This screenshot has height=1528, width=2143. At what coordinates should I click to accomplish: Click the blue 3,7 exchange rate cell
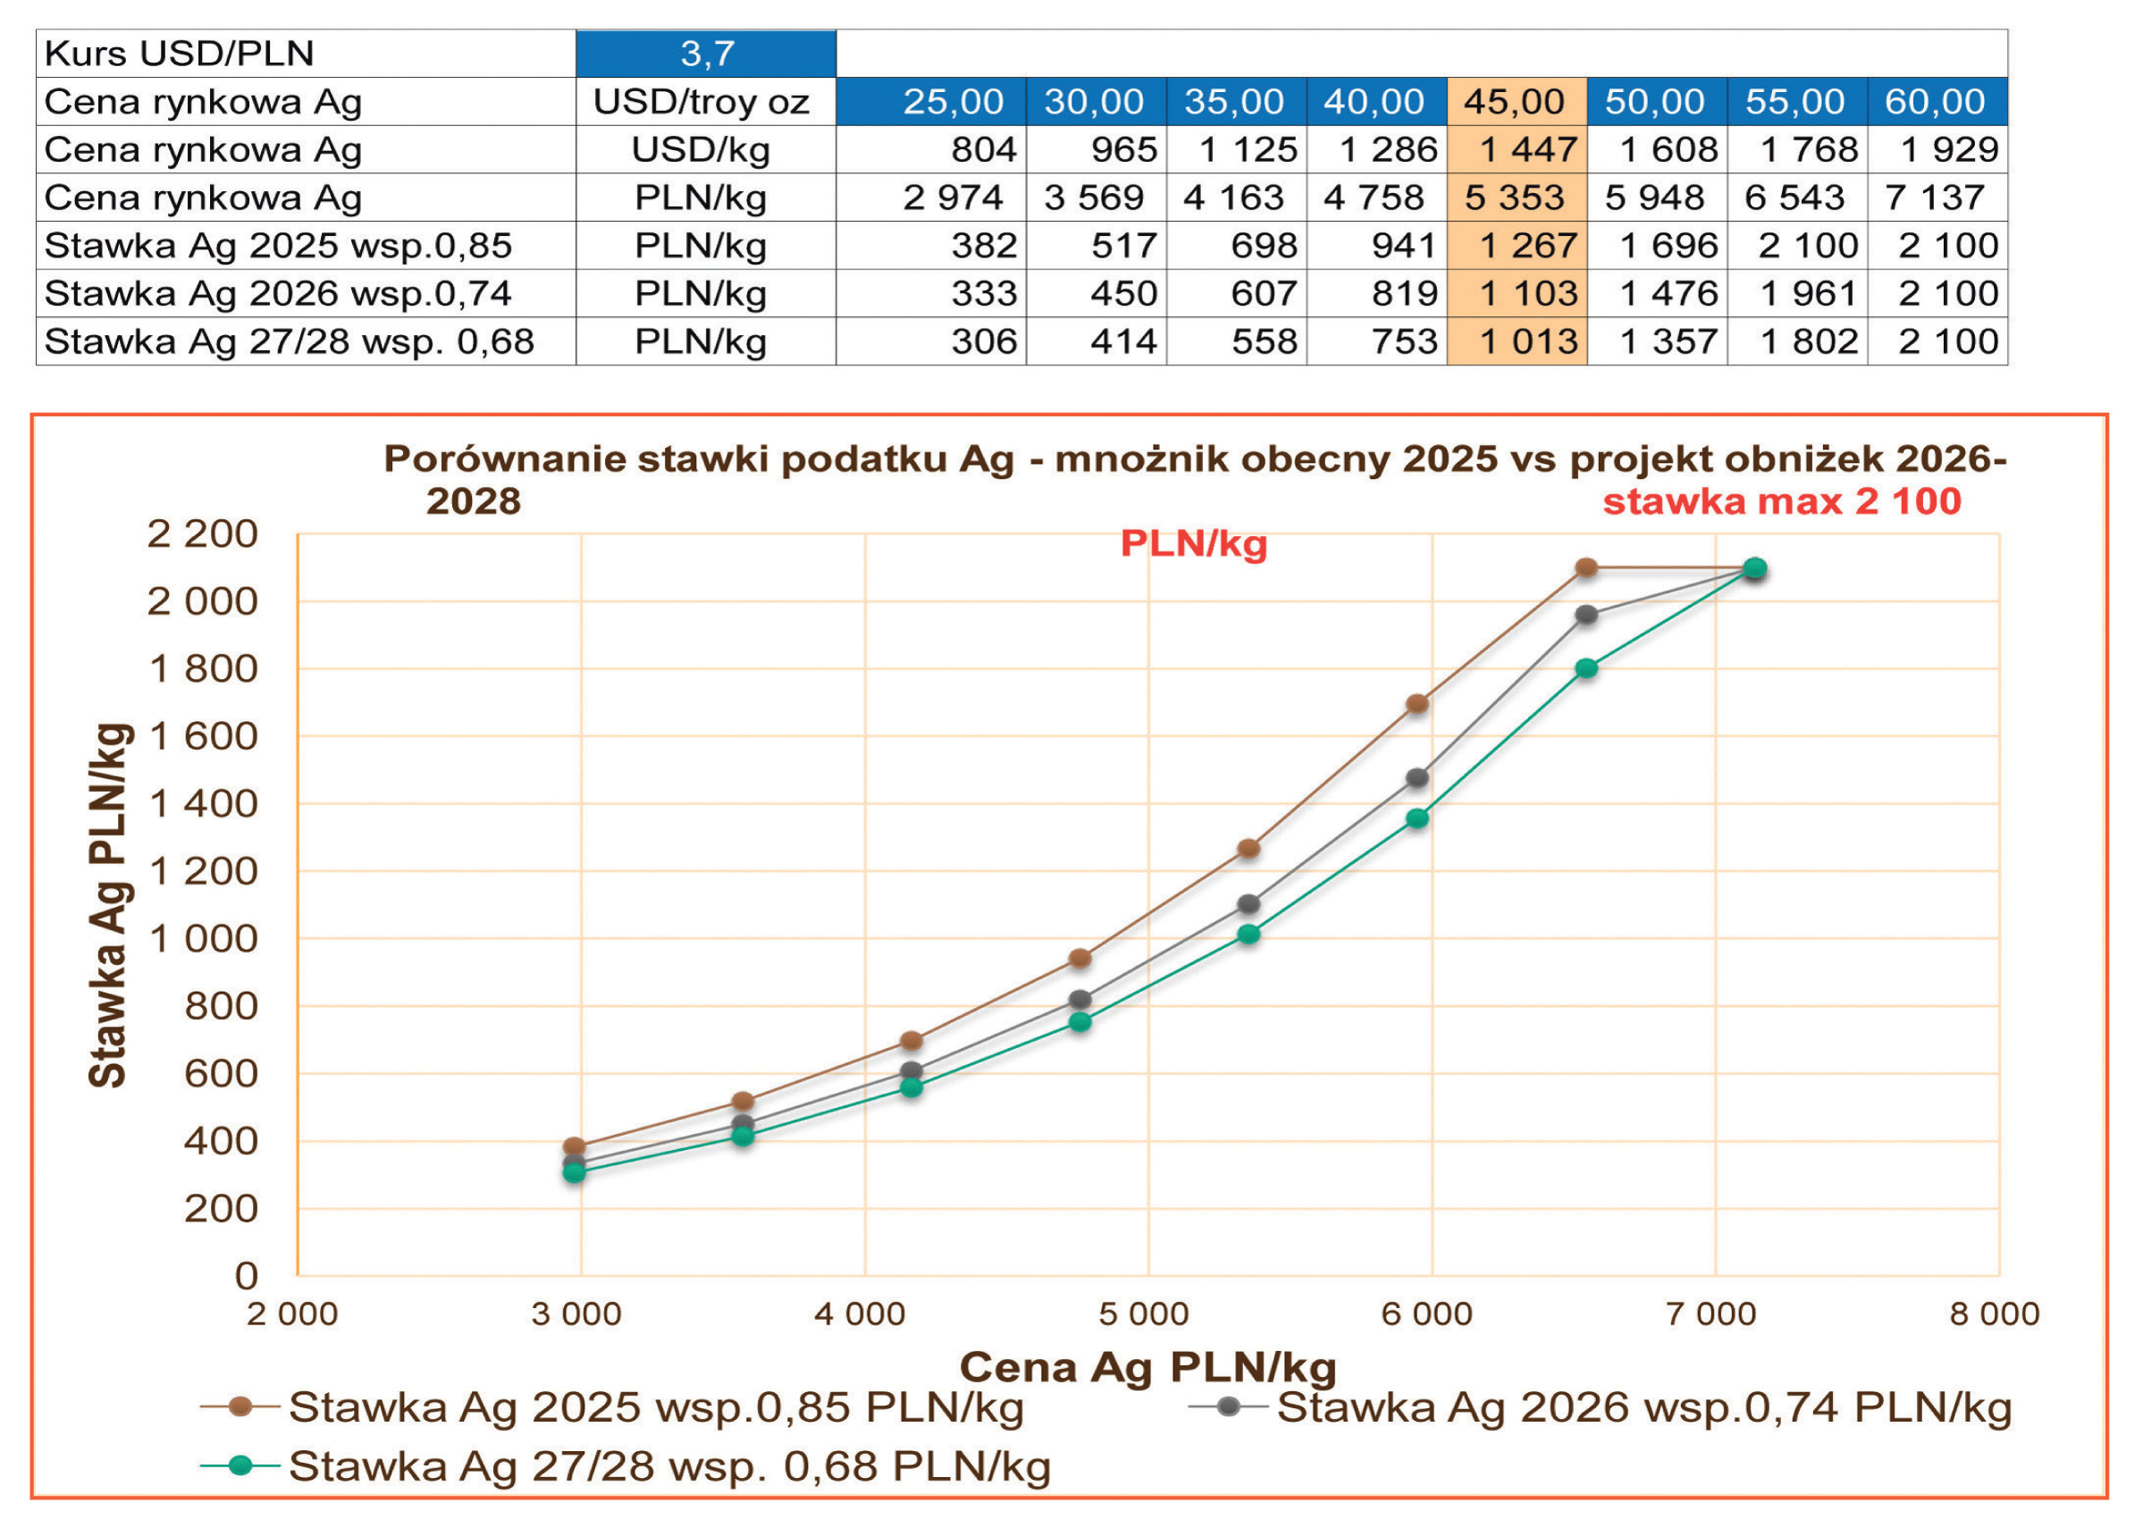[x=706, y=54]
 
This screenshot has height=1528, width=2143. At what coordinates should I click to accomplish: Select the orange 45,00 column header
[x=1515, y=102]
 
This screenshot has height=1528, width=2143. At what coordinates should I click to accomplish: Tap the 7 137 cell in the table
[x=1935, y=197]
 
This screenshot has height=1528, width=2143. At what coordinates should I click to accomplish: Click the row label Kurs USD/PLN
[x=180, y=54]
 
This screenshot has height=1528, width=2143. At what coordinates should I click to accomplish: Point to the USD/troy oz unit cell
[x=702, y=102]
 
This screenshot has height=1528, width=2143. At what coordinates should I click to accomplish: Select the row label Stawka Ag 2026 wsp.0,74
[x=278, y=294]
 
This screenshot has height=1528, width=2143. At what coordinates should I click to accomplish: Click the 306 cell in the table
[x=983, y=341]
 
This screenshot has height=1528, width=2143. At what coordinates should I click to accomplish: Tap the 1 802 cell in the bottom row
[x=1808, y=341]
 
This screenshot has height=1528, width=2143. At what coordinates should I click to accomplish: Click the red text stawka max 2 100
[x=1782, y=501]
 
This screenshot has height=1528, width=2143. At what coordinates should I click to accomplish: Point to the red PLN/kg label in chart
[x=1193, y=544]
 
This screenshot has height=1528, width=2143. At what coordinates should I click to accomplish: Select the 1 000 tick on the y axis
[x=203, y=939]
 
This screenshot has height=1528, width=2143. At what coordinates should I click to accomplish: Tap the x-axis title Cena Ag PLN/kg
[x=1147, y=1367]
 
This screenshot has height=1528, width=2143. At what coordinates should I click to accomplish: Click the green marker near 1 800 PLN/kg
[x=1586, y=668]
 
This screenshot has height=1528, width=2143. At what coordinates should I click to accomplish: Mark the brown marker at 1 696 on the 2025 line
[x=1416, y=704]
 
